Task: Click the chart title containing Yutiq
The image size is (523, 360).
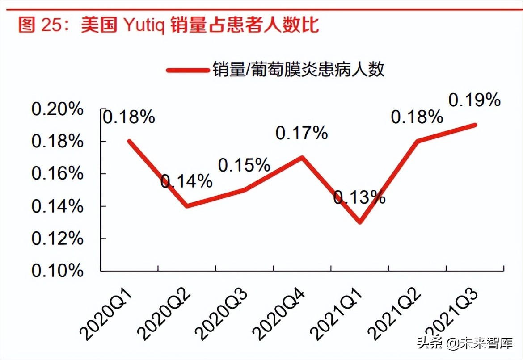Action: point(169,25)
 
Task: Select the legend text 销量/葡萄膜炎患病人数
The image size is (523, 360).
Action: point(298,70)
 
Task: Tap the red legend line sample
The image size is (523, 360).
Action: point(188,70)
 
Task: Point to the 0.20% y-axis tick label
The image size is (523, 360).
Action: point(57,109)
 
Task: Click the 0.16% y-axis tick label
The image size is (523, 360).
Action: point(57,174)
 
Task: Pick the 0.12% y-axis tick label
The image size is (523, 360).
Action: point(57,239)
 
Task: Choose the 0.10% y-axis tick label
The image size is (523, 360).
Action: point(57,271)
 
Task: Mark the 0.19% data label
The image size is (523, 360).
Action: point(474,100)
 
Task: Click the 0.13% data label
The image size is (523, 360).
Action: point(359,197)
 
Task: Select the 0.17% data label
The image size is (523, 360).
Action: point(302,133)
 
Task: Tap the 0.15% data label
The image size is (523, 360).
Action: point(244,166)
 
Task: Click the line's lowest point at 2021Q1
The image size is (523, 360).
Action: point(360,222)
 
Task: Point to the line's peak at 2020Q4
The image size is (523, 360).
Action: point(302,157)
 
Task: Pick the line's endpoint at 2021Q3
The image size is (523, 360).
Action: point(475,125)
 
